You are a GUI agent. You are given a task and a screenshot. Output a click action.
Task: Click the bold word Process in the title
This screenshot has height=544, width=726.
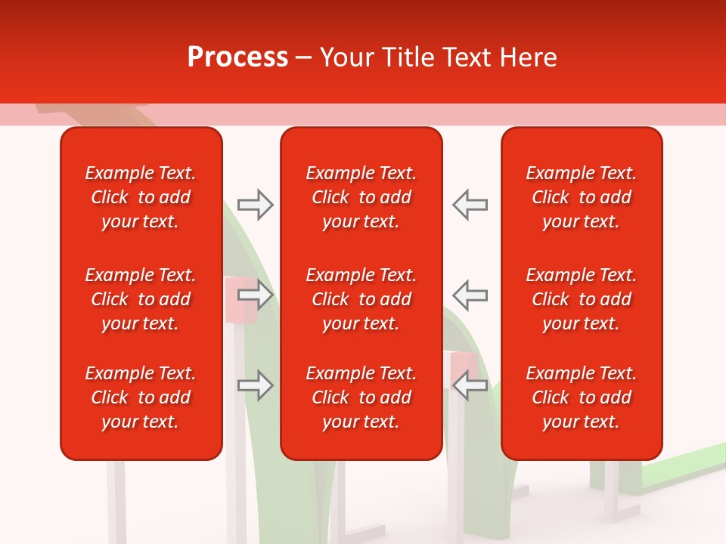pyautogui.click(x=237, y=57)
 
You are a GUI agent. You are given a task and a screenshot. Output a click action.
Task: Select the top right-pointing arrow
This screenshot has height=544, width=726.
pyautogui.click(x=255, y=205)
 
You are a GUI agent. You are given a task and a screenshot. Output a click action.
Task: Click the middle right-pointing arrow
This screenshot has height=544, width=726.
pyautogui.click(x=255, y=294)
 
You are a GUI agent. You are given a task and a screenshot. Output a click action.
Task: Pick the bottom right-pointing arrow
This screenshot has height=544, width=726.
pyautogui.click(x=255, y=385)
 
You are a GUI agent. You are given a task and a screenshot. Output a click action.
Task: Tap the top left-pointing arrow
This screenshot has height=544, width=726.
pyautogui.click(x=470, y=205)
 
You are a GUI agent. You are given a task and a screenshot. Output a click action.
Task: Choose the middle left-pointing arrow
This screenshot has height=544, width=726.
pyautogui.click(x=470, y=294)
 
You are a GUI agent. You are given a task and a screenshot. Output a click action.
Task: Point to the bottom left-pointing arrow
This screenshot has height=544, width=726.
pyautogui.click(x=470, y=385)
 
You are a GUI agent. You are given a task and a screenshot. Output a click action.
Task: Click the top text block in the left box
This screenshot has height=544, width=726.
pyautogui.click(x=141, y=197)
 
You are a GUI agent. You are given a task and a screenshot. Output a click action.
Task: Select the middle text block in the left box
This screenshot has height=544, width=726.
pyautogui.click(x=141, y=299)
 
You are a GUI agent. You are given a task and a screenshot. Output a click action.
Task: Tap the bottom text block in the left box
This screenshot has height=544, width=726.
pyautogui.click(x=141, y=397)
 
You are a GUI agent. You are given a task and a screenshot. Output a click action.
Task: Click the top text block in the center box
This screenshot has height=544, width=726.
pyautogui.click(x=361, y=197)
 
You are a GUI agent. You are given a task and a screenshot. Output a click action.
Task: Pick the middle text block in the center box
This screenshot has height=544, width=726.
pyautogui.click(x=361, y=299)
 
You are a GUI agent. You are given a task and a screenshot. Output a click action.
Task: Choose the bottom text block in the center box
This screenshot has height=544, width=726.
pyautogui.click(x=361, y=397)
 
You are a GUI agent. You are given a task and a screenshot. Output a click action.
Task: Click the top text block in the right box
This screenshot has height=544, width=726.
pyautogui.click(x=581, y=197)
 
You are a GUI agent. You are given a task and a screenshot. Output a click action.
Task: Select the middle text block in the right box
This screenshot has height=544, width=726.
pyautogui.click(x=581, y=299)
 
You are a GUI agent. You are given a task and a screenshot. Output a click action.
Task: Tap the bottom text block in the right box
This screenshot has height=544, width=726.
pyautogui.click(x=581, y=397)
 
